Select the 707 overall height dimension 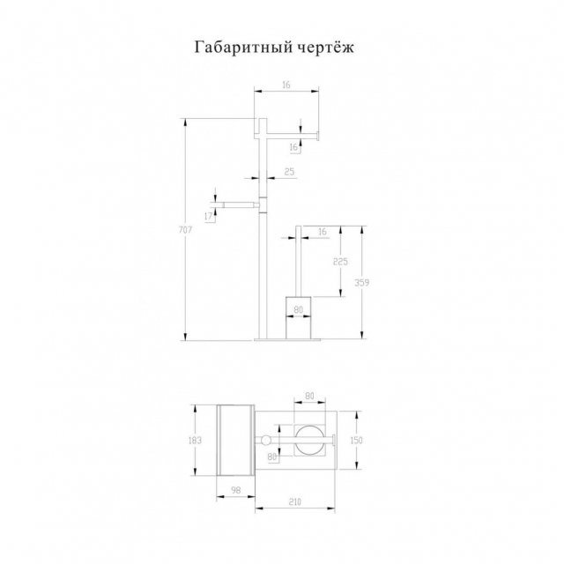[185, 229]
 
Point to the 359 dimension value [361, 282]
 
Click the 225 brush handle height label [340, 262]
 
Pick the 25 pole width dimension [289, 172]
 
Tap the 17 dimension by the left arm [208, 216]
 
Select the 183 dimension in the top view [195, 440]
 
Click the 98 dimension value [235, 490]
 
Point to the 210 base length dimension [294, 501]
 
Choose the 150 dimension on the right [356, 440]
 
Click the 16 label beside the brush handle [323, 232]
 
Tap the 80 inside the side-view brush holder [299, 309]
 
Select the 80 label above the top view [309, 396]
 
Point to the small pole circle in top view [266, 440]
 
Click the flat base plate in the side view [287, 339]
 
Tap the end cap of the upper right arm [317, 136]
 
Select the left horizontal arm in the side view [239, 205]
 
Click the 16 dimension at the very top [286, 85]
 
